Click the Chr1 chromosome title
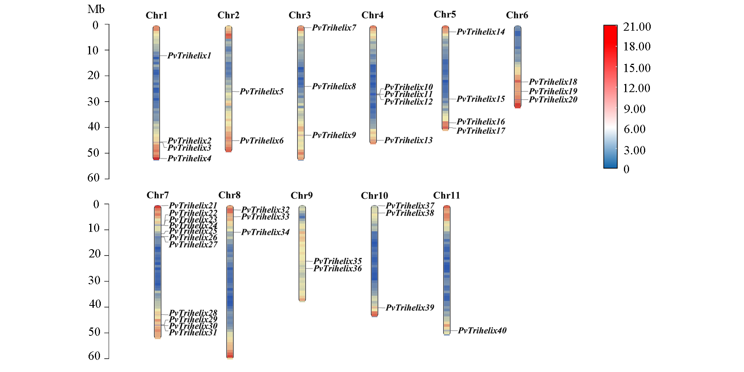point(157,15)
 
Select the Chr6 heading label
point(517,15)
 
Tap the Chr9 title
point(302,196)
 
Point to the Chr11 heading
point(446,196)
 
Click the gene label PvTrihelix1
point(189,56)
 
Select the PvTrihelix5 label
point(261,91)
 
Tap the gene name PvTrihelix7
point(334,28)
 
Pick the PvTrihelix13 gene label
point(408,140)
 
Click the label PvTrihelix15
point(481,99)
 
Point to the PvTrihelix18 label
point(553,82)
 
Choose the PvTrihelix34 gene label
point(265,232)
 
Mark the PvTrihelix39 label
point(410,307)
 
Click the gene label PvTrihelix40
point(482,330)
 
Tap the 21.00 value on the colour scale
point(637,27)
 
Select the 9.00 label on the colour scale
point(635,109)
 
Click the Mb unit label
point(96,9)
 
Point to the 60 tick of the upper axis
point(94,178)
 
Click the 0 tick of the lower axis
point(96,204)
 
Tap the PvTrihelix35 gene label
point(337,261)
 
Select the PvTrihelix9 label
point(334,135)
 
